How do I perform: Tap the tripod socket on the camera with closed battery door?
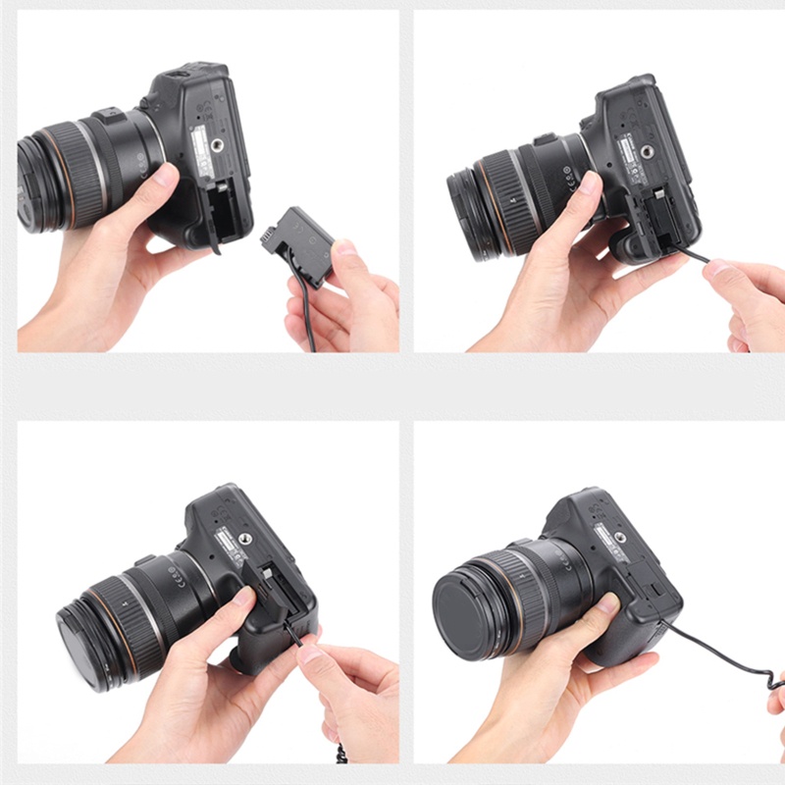(619, 538)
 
